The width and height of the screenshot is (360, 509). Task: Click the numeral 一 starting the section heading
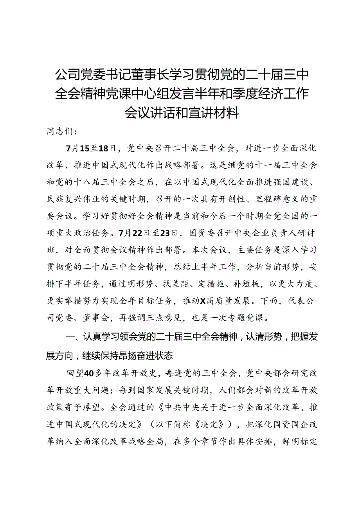(68, 337)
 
